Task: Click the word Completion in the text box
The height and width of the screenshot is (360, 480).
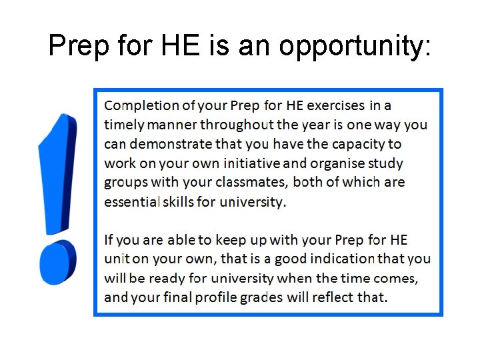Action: (142, 105)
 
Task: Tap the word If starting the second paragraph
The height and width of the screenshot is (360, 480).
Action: (109, 239)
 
